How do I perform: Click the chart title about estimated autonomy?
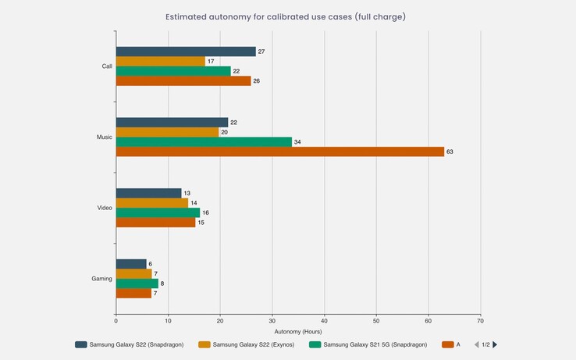coord(286,16)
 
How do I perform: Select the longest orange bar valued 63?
coord(279,151)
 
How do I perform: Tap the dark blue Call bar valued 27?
coord(186,52)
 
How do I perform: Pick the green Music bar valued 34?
coord(204,142)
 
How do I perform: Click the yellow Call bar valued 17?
coord(160,61)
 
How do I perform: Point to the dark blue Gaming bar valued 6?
coord(131,264)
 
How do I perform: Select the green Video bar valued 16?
coord(158,212)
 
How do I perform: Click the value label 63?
coord(450,152)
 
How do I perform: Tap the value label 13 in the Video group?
coord(187,193)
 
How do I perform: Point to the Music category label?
coord(104,137)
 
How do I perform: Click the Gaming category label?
coord(101,279)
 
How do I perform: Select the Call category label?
coord(107,66)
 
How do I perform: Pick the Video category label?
coord(105,208)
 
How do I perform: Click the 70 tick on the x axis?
coord(480,320)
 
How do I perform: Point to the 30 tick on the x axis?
coord(272,320)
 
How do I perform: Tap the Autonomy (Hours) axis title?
coord(298,331)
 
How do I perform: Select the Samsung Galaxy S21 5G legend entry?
coord(372,344)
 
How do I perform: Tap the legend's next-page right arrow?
coord(494,344)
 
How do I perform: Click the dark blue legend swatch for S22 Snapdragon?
coord(81,344)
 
